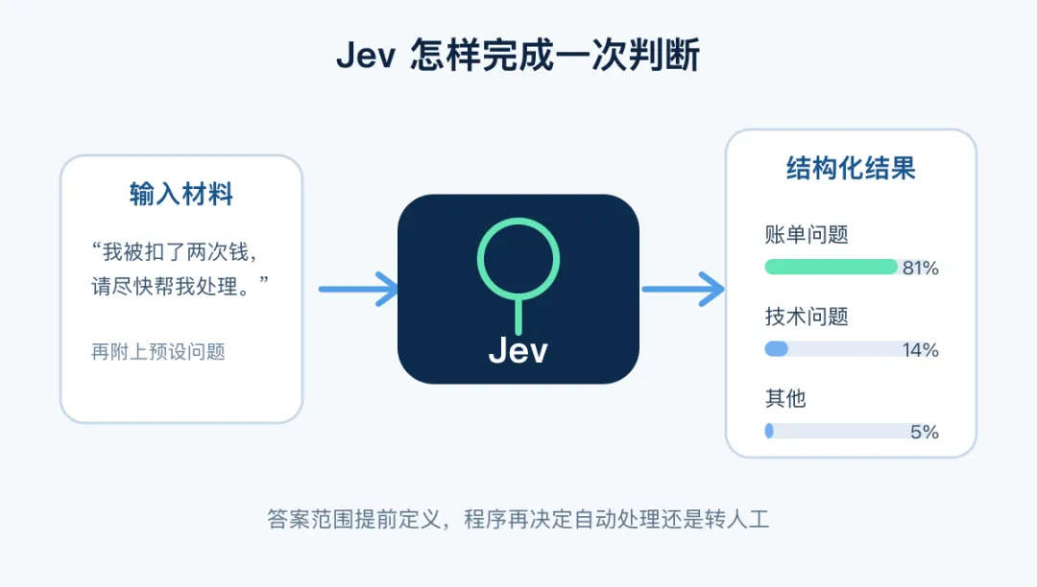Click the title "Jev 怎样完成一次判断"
click(518, 55)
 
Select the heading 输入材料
click(181, 194)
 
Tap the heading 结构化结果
click(851, 168)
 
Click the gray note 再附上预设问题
click(158, 351)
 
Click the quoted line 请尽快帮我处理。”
click(180, 286)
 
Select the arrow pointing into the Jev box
click(358, 290)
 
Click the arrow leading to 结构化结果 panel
click(684, 290)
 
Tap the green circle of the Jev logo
click(518, 219)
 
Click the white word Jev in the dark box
click(518, 350)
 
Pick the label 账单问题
click(807, 234)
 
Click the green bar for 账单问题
click(831, 267)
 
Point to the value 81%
click(921, 268)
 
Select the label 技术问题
click(807, 317)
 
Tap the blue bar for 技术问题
click(777, 348)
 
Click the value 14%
click(921, 349)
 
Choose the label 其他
click(785, 398)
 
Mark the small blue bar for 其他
click(769, 431)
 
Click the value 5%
click(925, 432)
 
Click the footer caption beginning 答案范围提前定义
click(518, 519)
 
